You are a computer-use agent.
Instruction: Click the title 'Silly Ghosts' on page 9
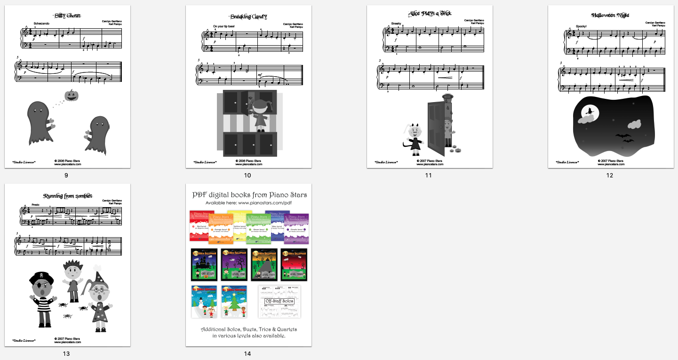pyautogui.click(x=67, y=16)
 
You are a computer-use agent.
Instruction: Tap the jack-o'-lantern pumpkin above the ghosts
pyautogui.click(x=72, y=96)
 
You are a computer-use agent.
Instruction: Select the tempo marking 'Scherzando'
pyautogui.click(x=42, y=23)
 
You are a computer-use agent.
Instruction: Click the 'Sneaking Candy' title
pyautogui.click(x=248, y=16)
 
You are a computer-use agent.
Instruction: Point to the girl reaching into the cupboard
pyautogui.click(x=260, y=116)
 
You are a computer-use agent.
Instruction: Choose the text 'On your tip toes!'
pyautogui.click(x=224, y=26)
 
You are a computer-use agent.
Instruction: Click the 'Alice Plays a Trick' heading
pyautogui.click(x=430, y=14)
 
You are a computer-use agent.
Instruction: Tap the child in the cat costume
pyautogui.click(x=415, y=139)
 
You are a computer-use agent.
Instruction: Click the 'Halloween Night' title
pyautogui.click(x=610, y=15)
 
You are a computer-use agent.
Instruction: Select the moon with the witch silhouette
pyautogui.click(x=589, y=112)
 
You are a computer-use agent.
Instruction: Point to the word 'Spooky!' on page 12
pyautogui.click(x=581, y=26)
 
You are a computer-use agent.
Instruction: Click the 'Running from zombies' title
pyautogui.click(x=67, y=196)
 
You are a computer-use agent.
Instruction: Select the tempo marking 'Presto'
pyautogui.click(x=36, y=205)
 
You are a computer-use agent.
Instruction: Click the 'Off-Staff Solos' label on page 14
pyautogui.click(x=279, y=301)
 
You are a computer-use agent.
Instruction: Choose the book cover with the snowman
pyautogui.click(x=204, y=302)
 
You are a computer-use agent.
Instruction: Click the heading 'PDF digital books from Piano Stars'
pyautogui.click(x=249, y=195)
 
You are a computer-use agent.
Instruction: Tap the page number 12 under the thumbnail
pyautogui.click(x=610, y=176)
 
